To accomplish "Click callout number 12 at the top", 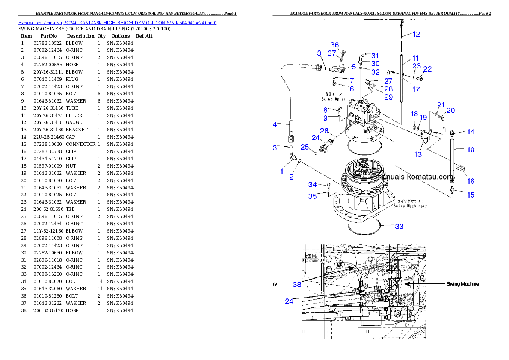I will [416, 34].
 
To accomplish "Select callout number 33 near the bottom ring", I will [399, 226].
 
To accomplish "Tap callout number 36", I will [334, 45].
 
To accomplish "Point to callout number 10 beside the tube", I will [471, 150].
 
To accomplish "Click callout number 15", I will [471, 195].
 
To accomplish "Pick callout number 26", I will [324, 130].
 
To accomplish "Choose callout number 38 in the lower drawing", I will [297, 284].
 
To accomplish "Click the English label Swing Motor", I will [334, 99].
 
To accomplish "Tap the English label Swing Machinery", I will [410, 206].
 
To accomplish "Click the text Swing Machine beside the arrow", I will [462, 284].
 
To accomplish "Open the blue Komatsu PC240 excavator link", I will [117, 22].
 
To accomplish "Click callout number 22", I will [427, 69].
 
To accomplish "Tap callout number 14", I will [471, 132].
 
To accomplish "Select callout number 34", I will [312, 184].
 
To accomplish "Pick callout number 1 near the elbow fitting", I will [282, 171].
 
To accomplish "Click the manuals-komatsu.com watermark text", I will [413, 177].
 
